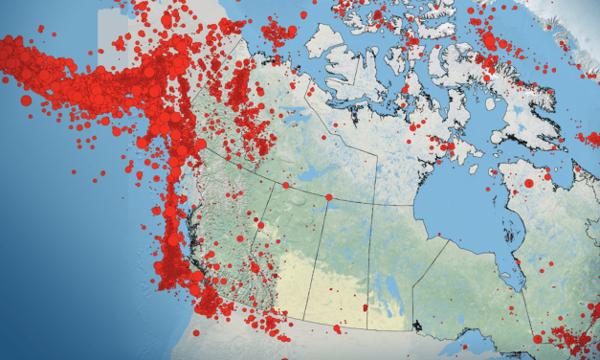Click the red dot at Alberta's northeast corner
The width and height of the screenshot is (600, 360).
pos(328,198)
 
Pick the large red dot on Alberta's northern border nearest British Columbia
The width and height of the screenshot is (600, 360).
pos(284,185)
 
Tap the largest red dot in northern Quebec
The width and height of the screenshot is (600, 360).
pos(528,182)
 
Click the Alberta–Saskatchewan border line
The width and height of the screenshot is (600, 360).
pos(316,268)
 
